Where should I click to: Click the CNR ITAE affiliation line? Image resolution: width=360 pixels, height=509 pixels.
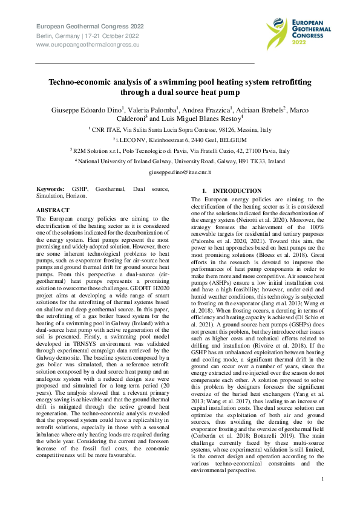click(x=179, y=129)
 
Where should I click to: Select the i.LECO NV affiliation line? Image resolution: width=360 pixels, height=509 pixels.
click(x=179, y=140)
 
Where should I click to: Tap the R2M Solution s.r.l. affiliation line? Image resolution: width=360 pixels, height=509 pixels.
click(x=179, y=151)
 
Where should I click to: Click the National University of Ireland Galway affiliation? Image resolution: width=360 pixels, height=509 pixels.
click(x=179, y=162)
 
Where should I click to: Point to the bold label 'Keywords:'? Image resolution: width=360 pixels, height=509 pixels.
click(x=50, y=189)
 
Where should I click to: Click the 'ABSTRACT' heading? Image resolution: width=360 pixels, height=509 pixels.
click(x=53, y=210)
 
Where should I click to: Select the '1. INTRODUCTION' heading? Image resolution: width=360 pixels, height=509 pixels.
click(x=223, y=191)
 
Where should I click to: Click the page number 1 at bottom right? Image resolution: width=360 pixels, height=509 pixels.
click(x=323, y=479)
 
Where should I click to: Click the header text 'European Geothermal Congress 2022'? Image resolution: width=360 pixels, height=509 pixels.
click(x=91, y=27)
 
